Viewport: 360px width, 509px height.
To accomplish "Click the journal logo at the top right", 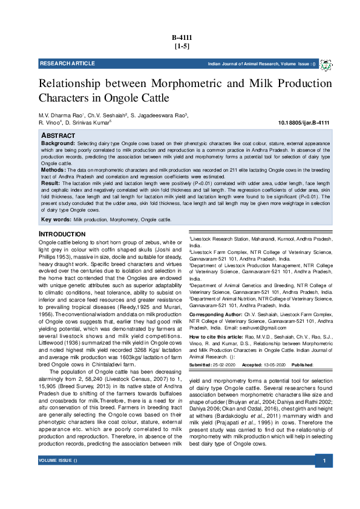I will click(x=326, y=65).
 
